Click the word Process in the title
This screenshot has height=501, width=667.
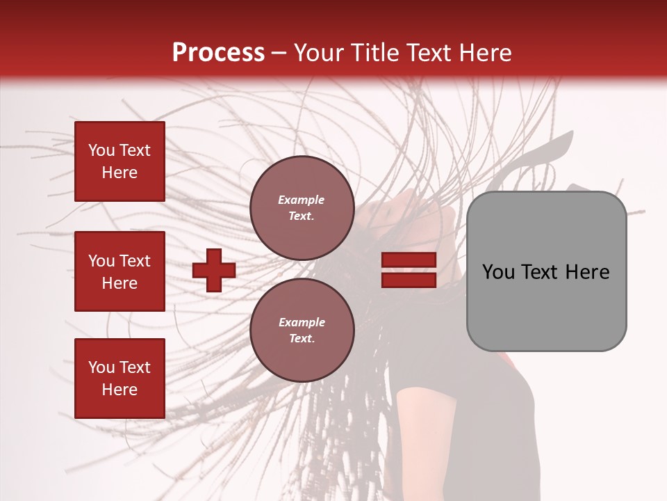tap(218, 53)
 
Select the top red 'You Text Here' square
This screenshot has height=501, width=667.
tap(120, 161)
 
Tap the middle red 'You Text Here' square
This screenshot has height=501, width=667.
tap(120, 271)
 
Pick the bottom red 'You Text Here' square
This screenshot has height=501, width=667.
tap(120, 378)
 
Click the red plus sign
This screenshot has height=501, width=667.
tap(214, 270)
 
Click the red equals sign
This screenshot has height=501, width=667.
tap(409, 270)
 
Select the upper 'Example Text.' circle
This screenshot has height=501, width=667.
tap(302, 207)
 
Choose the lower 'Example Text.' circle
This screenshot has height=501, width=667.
tap(302, 330)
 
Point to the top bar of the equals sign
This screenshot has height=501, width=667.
tap(409, 260)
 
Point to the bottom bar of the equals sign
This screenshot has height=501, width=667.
tap(409, 280)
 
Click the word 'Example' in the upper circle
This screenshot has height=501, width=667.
tap(301, 200)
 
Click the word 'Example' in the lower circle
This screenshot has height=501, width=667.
tap(302, 322)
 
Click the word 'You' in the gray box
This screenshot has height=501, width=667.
tap(498, 272)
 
